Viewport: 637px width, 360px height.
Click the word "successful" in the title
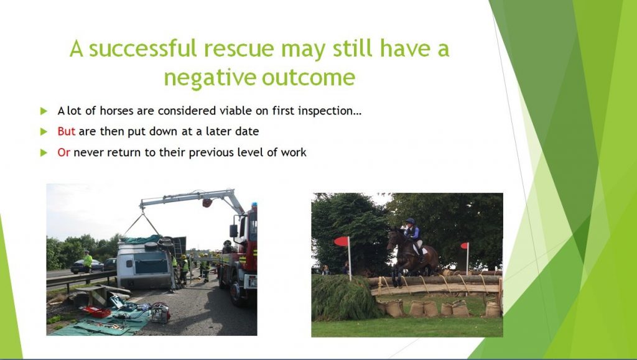tap(142, 48)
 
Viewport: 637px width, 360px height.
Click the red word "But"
tap(66, 131)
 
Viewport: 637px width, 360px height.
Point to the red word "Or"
tap(64, 152)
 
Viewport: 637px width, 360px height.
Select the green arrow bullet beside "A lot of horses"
tap(44, 111)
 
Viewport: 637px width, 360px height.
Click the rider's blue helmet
tap(411, 221)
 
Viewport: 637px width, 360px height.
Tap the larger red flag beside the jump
tap(342, 241)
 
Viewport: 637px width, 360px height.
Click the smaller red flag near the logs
tap(464, 246)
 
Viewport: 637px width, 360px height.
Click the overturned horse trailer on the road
tap(147, 262)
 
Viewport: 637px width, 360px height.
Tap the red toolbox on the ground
tap(97, 312)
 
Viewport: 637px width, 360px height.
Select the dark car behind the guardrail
tap(86, 266)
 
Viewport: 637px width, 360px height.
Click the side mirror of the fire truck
tap(234, 231)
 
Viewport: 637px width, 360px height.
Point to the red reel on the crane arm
tap(207, 203)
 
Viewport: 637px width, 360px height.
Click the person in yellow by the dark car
tap(87, 261)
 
